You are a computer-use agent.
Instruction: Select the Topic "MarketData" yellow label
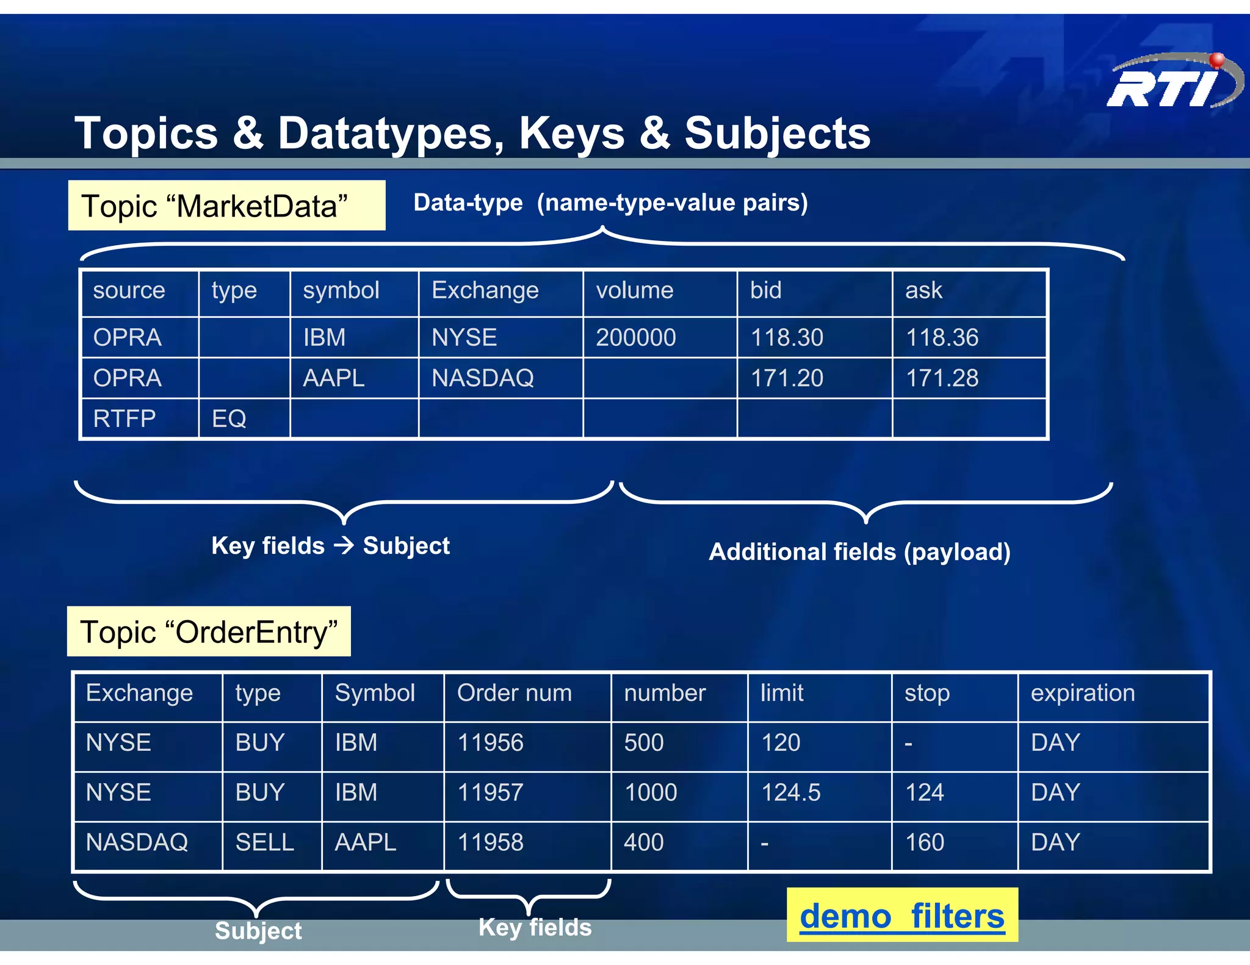point(226,206)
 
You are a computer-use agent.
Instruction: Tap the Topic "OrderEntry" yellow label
point(209,632)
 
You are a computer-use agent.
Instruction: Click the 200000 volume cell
point(635,337)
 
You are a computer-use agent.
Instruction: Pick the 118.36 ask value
point(942,337)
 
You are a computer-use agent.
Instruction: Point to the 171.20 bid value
point(787,378)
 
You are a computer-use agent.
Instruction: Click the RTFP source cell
point(125,419)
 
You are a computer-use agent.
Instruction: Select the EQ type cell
point(229,419)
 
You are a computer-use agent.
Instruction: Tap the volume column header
point(635,290)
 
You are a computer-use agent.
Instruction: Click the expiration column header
point(1083,693)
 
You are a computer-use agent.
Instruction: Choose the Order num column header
point(514,693)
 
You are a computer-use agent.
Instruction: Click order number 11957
point(490,792)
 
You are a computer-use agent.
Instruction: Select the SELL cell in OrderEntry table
point(264,842)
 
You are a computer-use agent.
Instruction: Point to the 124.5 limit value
point(790,792)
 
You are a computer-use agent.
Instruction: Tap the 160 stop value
point(924,842)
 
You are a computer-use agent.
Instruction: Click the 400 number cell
point(643,842)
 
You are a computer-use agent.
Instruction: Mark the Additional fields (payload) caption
point(859,552)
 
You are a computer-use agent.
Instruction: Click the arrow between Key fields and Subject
point(344,545)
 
